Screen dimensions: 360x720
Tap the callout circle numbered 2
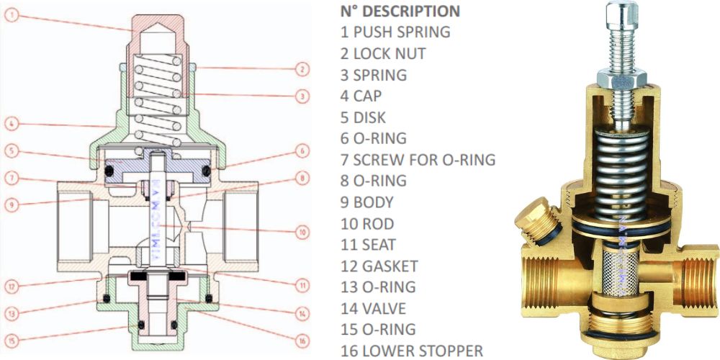pos(302,69)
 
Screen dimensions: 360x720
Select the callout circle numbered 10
pos(302,232)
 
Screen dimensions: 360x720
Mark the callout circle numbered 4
pos(12,123)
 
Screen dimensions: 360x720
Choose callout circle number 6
pos(302,151)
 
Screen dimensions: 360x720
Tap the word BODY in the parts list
pos(374,202)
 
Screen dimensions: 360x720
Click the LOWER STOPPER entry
pos(418,351)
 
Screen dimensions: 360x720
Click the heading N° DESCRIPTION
pos(399,12)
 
